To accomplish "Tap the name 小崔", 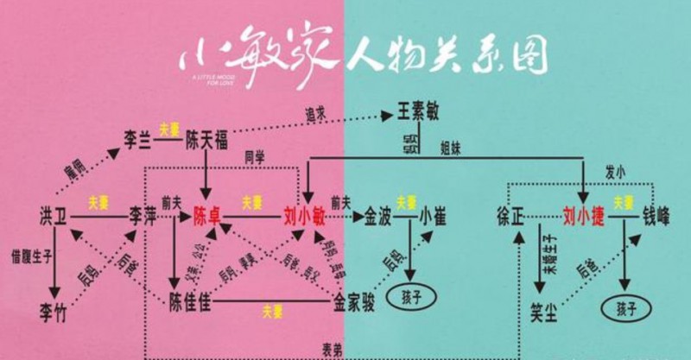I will (x=433, y=214).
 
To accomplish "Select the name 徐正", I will (x=510, y=214).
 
